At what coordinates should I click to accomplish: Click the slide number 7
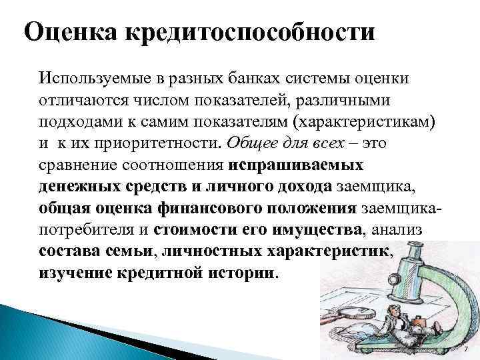(x=466, y=349)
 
